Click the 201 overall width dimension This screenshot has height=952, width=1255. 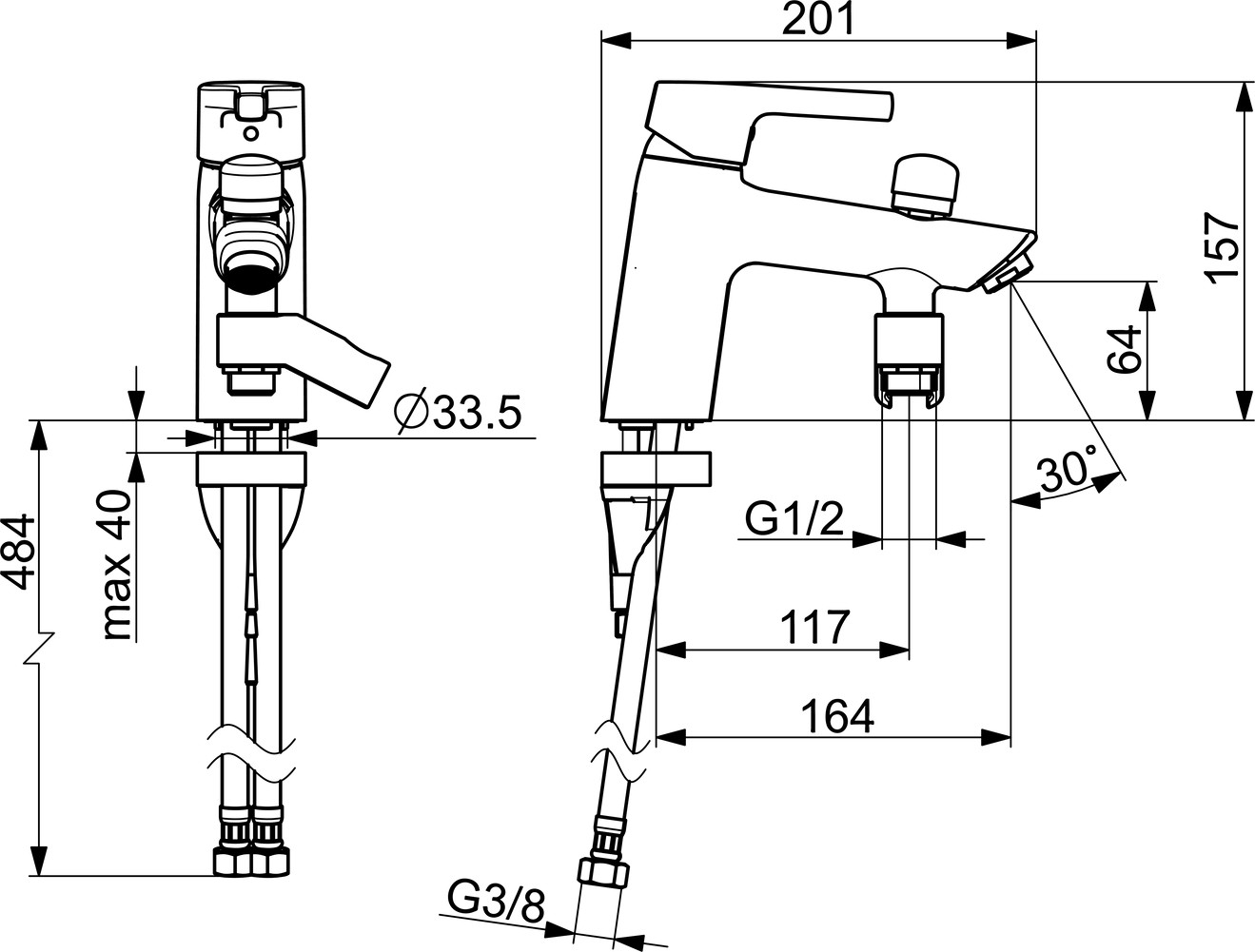(818, 20)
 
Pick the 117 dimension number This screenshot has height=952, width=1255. (814, 628)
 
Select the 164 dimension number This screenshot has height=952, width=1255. (837, 716)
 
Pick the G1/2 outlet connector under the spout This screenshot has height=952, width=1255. (910, 361)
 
